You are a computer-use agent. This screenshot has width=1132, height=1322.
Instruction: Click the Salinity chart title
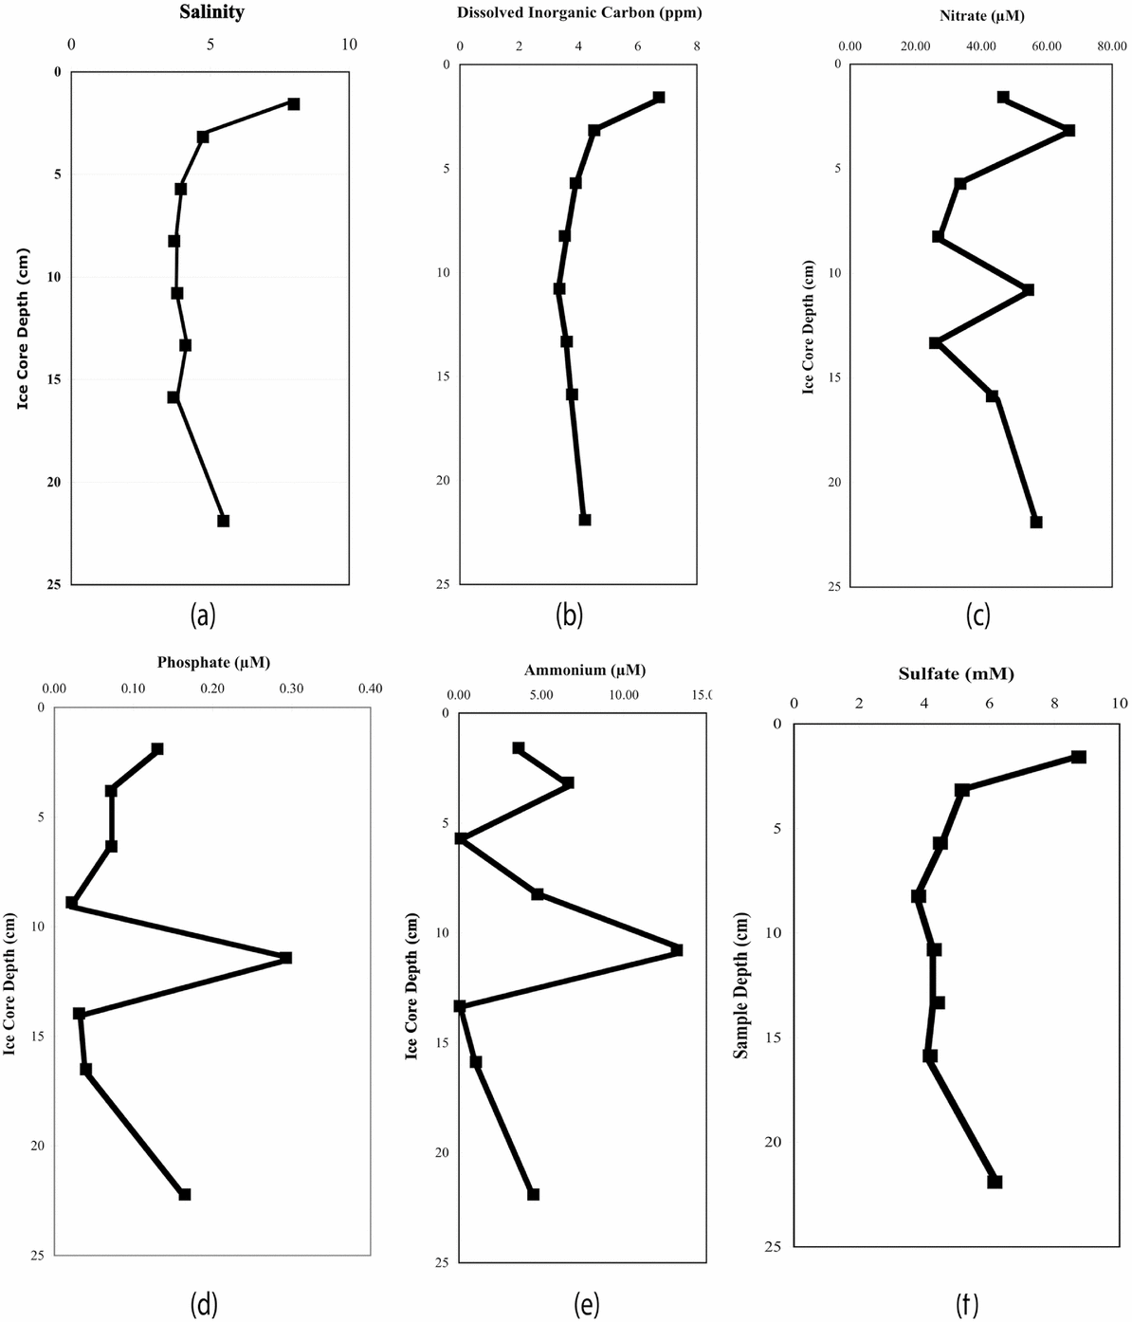click(211, 13)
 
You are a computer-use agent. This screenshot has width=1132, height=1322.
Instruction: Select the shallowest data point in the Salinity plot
click(294, 103)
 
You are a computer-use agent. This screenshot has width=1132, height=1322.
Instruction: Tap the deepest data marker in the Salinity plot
click(224, 521)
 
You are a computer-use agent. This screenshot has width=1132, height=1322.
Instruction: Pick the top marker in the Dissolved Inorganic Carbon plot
click(659, 98)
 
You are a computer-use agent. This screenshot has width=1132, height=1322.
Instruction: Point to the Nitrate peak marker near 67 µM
click(1069, 130)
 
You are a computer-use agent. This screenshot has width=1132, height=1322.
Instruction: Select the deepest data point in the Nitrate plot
click(1036, 522)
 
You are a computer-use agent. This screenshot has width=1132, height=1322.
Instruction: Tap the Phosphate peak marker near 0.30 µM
click(286, 958)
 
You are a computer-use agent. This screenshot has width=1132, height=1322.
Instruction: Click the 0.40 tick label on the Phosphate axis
click(370, 689)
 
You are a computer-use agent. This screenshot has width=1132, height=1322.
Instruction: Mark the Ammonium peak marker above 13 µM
click(677, 949)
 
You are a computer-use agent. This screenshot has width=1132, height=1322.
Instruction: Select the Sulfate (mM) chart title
click(956, 674)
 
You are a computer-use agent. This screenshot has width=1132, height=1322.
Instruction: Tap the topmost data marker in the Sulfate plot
click(1078, 757)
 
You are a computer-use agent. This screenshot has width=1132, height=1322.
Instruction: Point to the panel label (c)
click(977, 616)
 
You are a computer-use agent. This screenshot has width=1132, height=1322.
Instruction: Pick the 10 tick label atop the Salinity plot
click(349, 45)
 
